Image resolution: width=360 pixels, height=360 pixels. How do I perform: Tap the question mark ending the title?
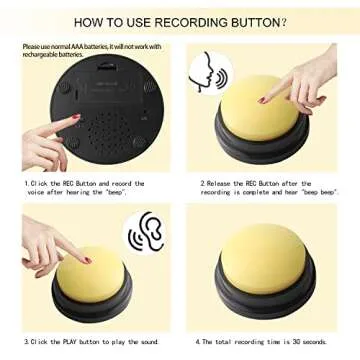point(284,19)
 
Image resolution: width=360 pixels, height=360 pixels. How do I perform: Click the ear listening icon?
point(145,231)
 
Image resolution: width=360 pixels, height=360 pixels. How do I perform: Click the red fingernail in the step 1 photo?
point(74,119)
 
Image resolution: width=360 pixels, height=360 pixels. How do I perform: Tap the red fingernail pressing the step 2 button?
point(262,100)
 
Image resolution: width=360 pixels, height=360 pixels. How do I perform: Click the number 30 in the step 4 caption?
point(293,342)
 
